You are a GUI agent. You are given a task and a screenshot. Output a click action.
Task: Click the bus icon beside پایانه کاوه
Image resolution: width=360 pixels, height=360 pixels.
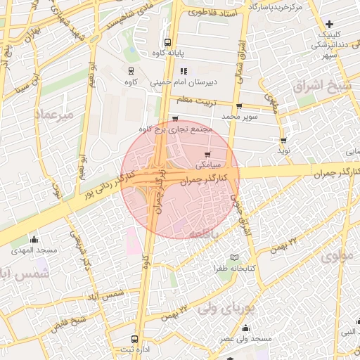pos(167,41)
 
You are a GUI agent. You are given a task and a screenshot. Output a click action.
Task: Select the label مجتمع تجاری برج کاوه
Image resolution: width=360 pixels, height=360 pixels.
pos(175,129)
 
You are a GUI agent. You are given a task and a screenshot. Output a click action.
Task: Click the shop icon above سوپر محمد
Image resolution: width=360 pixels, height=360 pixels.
pos(239,106)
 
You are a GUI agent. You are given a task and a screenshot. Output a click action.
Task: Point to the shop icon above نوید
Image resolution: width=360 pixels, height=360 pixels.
pos(283,141)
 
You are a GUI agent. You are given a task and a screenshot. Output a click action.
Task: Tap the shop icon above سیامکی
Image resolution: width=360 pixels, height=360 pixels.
pos(207,155)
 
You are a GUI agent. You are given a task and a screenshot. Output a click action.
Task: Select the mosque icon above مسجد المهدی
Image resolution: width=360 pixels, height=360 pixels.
pos(34,240)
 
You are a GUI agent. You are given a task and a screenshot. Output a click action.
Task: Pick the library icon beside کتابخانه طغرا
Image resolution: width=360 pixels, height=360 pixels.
pos(234,258)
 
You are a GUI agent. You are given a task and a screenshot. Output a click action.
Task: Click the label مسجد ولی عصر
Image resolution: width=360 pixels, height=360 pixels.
pos(244,338)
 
